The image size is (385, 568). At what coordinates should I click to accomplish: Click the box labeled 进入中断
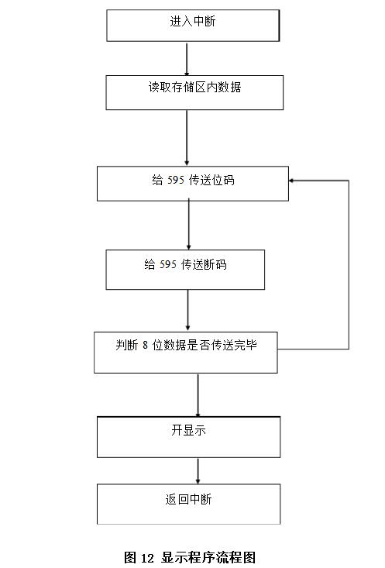(192, 25)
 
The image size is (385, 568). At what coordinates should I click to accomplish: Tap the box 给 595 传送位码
(192, 184)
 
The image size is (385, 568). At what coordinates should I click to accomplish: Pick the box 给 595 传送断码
(185, 269)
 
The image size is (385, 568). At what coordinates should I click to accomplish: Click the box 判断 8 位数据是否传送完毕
(185, 353)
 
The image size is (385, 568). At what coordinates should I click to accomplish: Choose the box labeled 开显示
(188, 436)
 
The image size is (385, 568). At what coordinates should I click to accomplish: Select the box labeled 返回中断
(188, 504)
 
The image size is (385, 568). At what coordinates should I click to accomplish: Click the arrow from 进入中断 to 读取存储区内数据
(187, 58)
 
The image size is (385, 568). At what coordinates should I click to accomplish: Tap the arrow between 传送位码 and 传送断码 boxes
(188, 225)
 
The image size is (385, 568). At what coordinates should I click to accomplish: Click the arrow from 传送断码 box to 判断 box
(187, 311)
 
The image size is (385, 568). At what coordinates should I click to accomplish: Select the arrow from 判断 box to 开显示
(198, 394)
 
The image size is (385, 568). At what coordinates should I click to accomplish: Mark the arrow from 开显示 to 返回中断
(198, 470)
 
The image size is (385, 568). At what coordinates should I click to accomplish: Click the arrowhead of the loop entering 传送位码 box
(293, 181)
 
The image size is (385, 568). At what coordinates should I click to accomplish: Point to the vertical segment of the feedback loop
(349, 263)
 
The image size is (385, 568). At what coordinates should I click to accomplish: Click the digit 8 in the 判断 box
(145, 346)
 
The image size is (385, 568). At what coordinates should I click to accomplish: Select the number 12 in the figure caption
(150, 557)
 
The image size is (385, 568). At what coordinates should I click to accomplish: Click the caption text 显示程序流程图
(208, 557)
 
